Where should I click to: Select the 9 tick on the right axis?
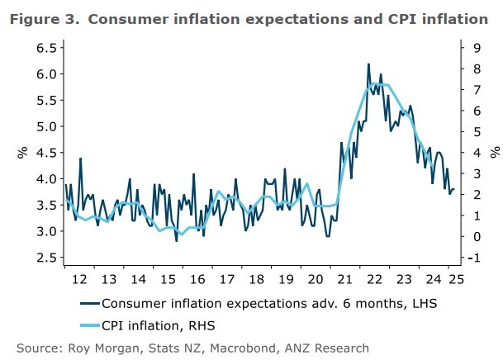coord(471,48)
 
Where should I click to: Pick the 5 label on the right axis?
coord(471,132)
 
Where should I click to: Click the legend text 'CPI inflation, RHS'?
coord(165,325)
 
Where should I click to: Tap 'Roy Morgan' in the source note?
coord(100,348)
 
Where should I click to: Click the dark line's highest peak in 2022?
coord(368,64)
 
